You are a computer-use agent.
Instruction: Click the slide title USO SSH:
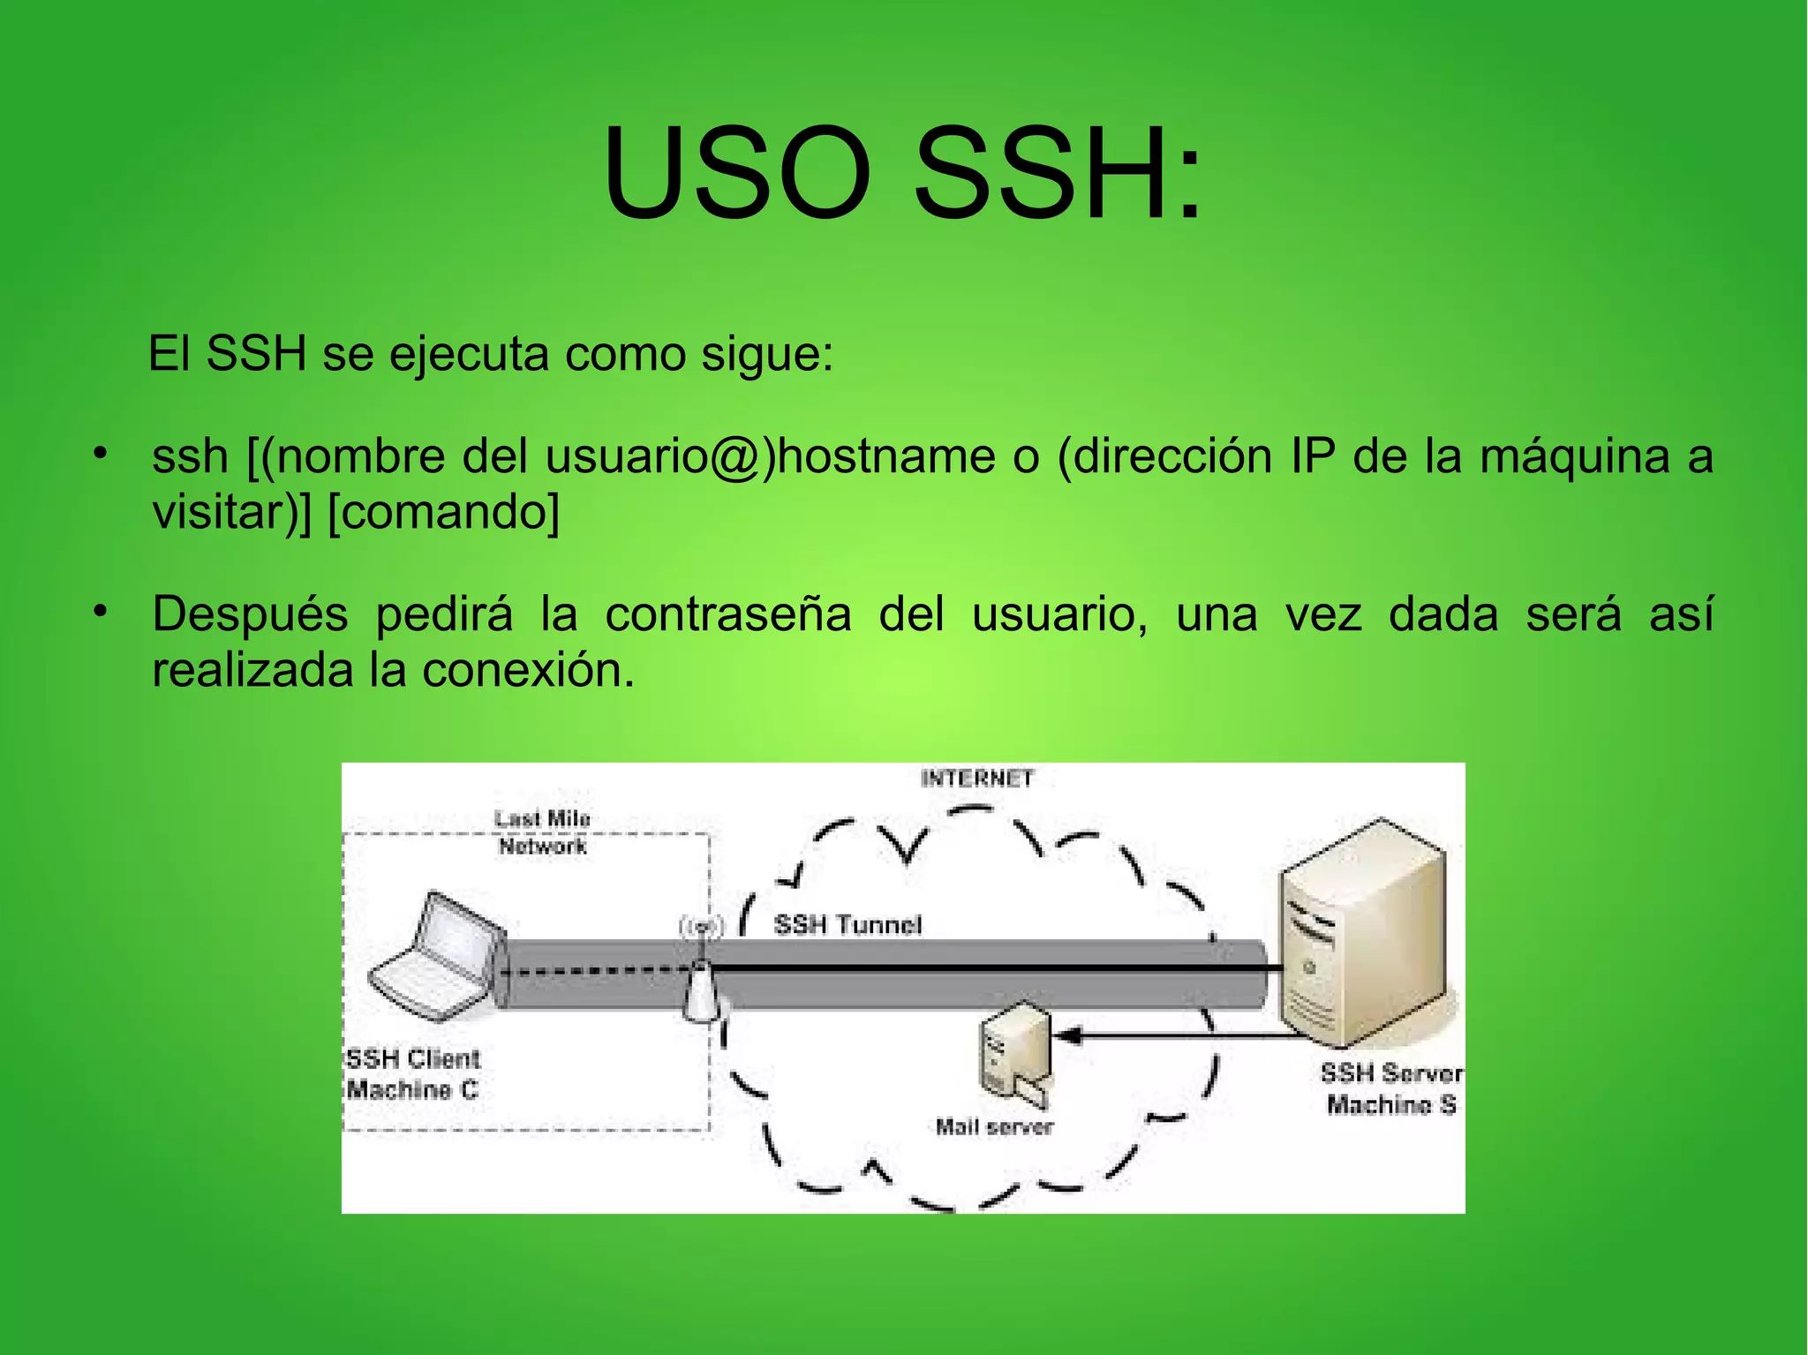902,173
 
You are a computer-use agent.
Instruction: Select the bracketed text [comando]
443,512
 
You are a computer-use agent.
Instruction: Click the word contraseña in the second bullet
727,614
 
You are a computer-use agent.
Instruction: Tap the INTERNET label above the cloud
976,779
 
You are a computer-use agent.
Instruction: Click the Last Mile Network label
542,832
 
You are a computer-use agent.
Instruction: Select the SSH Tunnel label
847,924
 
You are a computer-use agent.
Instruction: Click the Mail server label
994,1126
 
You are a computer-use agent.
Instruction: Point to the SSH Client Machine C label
412,1073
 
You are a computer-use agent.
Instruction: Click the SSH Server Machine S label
1390,1088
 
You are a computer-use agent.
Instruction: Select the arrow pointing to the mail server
1165,1035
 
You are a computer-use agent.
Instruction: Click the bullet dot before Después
102,611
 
